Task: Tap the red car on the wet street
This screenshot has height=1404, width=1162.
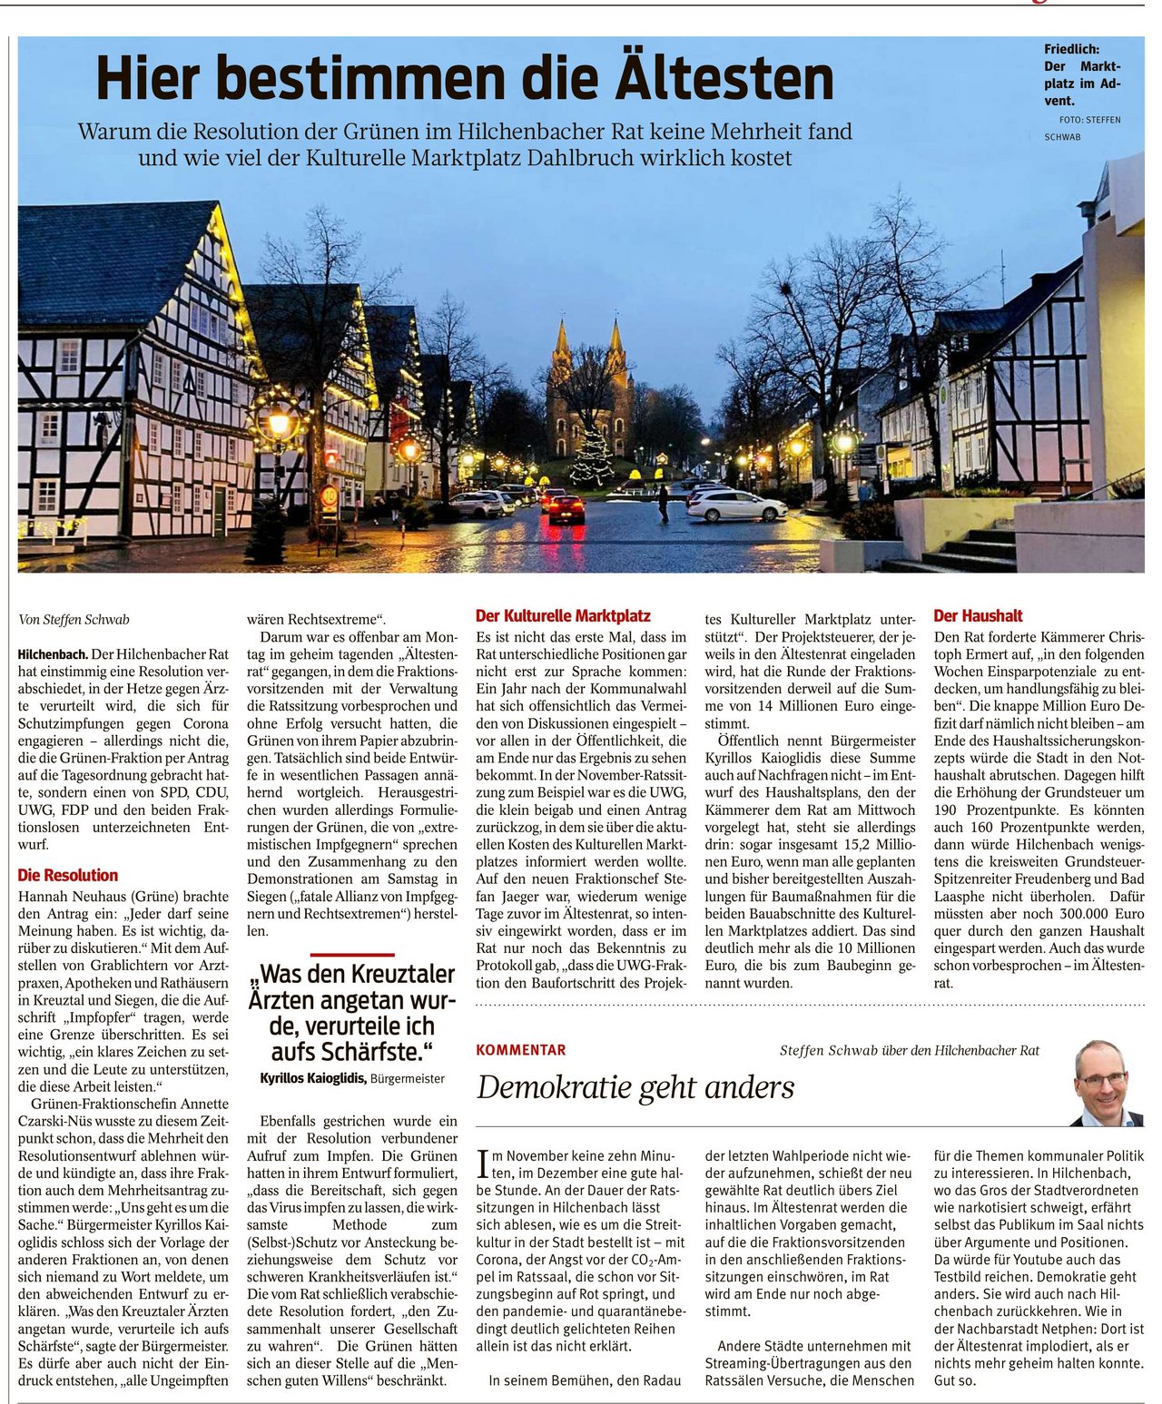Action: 566,508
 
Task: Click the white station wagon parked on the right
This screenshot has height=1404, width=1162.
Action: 736,506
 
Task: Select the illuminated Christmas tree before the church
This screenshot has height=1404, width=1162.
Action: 592,458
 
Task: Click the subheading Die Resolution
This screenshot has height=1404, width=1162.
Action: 68,875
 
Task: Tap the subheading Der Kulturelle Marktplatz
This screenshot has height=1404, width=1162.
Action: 563,616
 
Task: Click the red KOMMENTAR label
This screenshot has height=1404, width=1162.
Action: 520,1050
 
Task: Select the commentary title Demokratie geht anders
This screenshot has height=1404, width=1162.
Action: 635,1086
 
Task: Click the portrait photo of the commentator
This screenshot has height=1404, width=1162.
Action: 1106,1084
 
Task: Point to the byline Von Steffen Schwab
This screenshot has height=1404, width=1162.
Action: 74,620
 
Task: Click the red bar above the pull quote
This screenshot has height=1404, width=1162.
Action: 352,955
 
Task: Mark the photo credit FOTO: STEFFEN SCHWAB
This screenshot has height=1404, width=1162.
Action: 1082,128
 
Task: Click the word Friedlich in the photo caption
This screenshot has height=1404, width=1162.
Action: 1071,49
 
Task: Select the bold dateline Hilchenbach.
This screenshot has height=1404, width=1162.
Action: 53,653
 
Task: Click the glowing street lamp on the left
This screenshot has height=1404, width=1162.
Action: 279,423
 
